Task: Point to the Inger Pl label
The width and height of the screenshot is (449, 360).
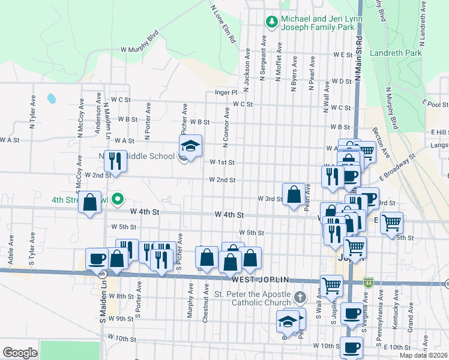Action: click(x=227, y=93)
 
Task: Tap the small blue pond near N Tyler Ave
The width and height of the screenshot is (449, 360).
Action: click(x=51, y=98)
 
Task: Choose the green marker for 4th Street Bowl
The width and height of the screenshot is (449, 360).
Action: click(x=118, y=200)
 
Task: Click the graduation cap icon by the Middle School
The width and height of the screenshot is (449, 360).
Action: click(x=190, y=146)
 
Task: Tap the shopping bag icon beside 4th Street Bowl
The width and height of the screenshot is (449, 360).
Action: click(x=89, y=202)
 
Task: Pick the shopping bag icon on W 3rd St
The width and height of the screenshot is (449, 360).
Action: click(x=294, y=194)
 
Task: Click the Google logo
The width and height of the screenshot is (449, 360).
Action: click(x=20, y=352)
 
